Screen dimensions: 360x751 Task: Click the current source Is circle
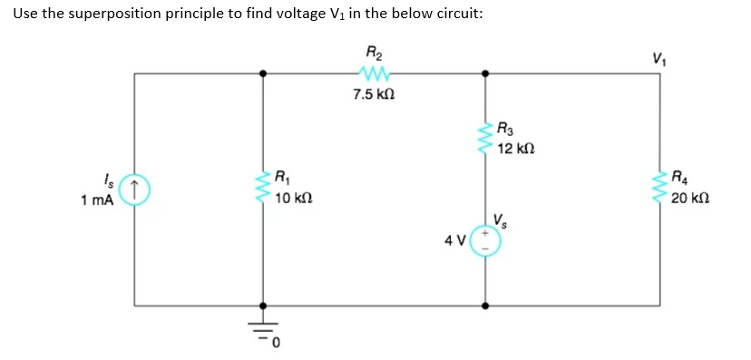[x=134, y=189]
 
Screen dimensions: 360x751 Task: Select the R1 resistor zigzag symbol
[x=264, y=189]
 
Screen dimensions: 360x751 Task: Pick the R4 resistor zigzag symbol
[x=659, y=189]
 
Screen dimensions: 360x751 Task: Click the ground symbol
[x=264, y=332]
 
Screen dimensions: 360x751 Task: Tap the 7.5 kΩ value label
[x=374, y=93]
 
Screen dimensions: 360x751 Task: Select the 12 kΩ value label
[x=518, y=148]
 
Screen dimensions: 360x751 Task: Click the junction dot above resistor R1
[x=264, y=73]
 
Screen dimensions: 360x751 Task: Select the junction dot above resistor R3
[x=485, y=73]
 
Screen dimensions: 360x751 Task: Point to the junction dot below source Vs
[x=485, y=306]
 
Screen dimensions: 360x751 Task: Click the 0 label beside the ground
[x=277, y=343]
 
